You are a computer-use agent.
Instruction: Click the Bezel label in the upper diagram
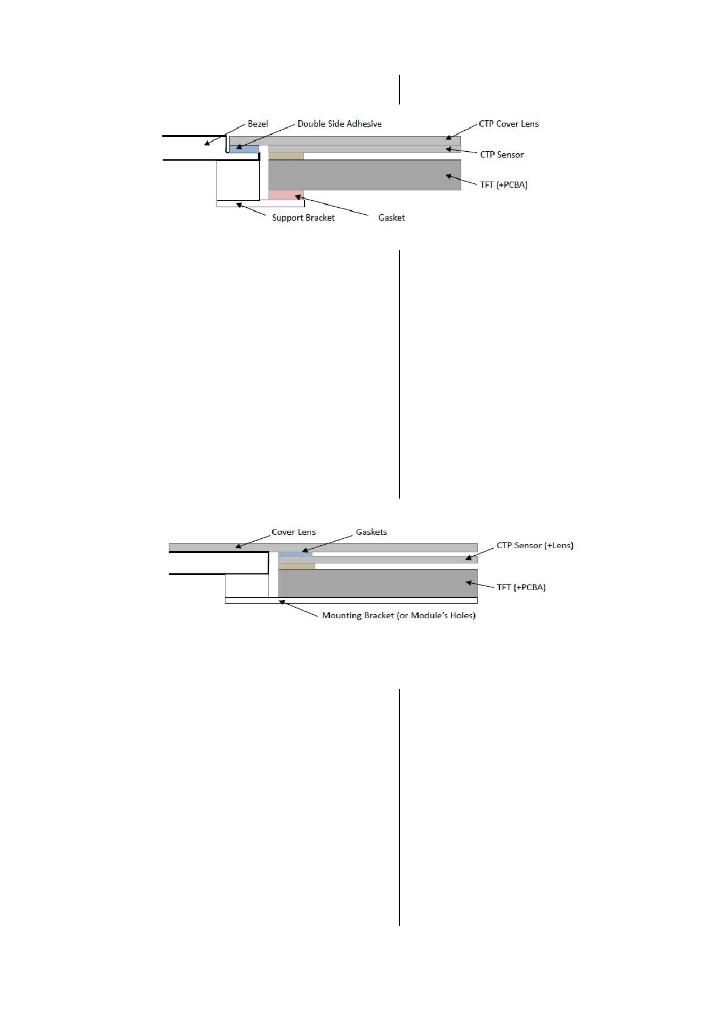[258, 124]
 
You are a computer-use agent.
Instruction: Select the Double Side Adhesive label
[339, 124]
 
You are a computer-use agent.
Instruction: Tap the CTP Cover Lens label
[509, 124]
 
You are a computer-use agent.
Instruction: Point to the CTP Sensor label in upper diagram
[502, 155]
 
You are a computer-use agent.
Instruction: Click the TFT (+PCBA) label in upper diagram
[504, 185]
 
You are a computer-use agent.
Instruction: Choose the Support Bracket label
[303, 218]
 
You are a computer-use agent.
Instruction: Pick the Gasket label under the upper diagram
[391, 218]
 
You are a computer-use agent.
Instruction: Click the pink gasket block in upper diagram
[286, 195]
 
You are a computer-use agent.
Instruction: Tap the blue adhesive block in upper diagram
[244, 149]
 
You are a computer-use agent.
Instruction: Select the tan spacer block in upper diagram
[286, 156]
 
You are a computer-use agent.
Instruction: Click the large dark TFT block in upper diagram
[365, 175]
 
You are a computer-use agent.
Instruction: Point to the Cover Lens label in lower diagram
[294, 532]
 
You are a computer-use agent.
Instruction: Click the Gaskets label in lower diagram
[371, 532]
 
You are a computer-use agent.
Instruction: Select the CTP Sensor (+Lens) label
[535, 545]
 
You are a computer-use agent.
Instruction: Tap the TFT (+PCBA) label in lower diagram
[521, 587]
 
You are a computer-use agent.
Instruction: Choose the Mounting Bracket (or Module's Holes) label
[399, 615]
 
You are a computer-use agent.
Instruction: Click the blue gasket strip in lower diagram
[295, 554]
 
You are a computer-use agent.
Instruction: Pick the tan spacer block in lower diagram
[297, 566]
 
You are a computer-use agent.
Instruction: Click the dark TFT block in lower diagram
[378, 583]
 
